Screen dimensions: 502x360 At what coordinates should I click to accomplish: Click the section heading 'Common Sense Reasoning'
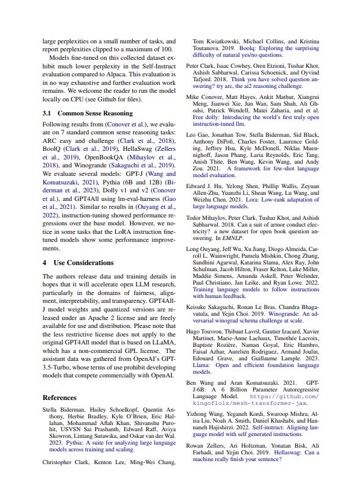[95, 114]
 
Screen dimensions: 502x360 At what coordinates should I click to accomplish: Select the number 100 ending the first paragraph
[168, 49]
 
